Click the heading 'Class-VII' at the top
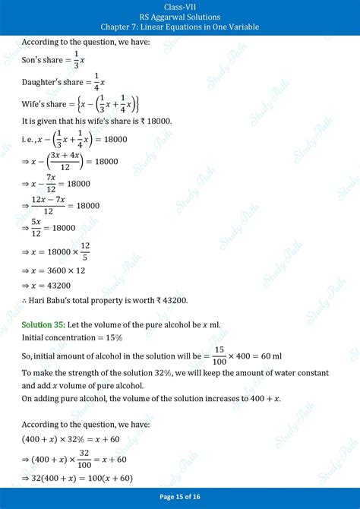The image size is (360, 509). [179, 6]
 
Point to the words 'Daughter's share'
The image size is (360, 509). [53, 82]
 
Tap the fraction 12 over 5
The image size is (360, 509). [84, 250]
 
